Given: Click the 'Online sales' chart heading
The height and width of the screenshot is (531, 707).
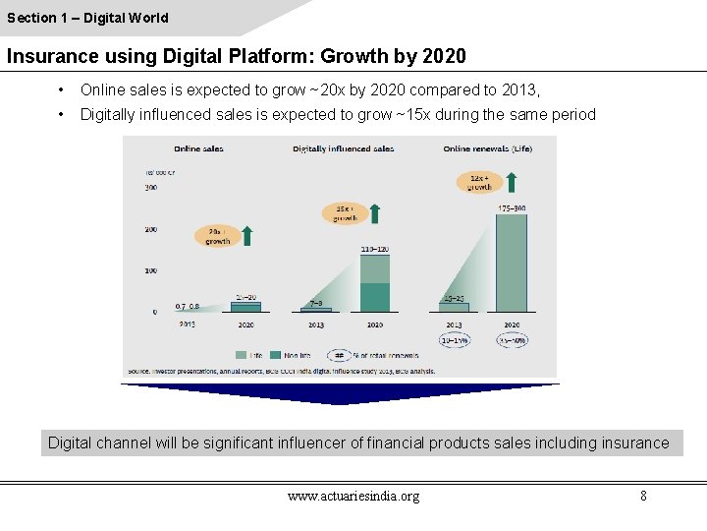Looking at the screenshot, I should (198, 148).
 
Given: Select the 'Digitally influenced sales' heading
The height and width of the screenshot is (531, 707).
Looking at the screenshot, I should (343, 148).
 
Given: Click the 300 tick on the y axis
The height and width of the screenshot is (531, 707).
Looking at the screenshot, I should (151, 187).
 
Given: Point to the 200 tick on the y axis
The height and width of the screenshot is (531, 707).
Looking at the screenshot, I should (151, 228).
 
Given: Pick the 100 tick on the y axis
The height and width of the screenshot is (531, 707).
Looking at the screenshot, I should (151, 269).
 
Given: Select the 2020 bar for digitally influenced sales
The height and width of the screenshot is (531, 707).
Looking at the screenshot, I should (375, 283).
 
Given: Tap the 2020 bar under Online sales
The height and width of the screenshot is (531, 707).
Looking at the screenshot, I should (245, 307).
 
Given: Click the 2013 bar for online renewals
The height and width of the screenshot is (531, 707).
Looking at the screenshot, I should (454, 307).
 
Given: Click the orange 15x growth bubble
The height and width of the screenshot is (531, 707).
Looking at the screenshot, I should (345, 213).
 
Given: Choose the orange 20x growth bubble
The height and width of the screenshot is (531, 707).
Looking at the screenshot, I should (218, 236).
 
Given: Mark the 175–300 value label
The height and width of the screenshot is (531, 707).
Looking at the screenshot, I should (512, 208).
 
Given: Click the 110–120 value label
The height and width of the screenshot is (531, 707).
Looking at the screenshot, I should (375, 250).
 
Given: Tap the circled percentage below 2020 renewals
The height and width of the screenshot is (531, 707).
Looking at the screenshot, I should (512, 340).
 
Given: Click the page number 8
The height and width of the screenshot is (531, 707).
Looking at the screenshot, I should (643, 496).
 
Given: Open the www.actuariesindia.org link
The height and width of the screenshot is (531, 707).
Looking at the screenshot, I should (353, 496).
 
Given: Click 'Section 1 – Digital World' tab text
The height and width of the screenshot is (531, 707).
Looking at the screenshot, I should (87, 18).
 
